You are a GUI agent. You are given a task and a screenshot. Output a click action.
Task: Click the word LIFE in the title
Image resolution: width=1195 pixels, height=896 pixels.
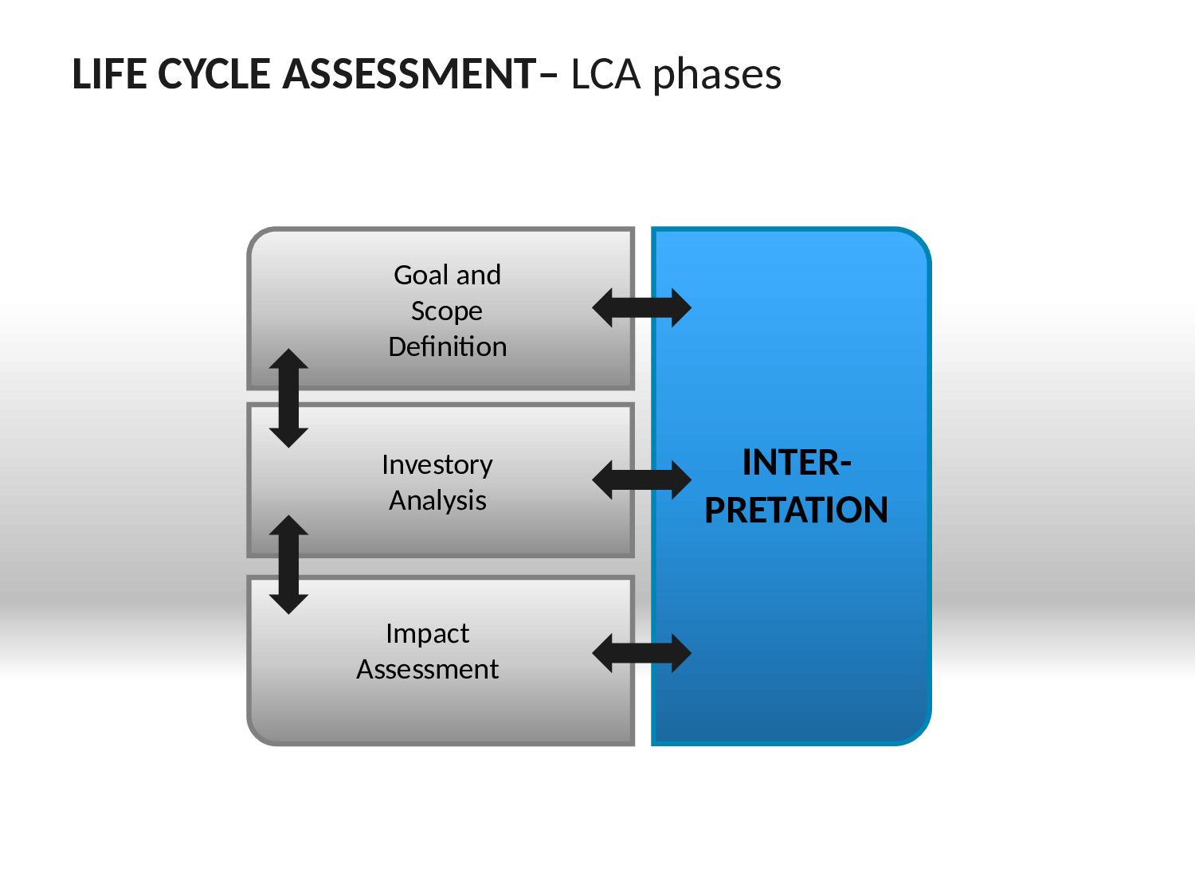point(109,74)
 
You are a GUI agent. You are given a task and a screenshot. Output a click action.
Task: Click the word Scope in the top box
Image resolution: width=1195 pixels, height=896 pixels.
point(446,311)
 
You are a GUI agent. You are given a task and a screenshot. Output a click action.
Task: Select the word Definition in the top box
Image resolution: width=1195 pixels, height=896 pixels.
point(448,346)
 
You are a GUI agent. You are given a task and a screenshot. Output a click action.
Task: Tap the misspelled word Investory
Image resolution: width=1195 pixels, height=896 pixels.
point(437,466)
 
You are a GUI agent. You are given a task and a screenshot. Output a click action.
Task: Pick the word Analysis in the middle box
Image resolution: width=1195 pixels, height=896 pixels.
point(437,501)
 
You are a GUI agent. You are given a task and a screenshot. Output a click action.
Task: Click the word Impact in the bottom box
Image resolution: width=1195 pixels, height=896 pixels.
point(427,634)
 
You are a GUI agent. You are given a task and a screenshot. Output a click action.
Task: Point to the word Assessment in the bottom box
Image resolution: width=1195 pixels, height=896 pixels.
point(427,669)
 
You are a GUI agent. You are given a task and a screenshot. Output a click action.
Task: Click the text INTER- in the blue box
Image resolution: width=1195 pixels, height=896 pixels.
point(797,463)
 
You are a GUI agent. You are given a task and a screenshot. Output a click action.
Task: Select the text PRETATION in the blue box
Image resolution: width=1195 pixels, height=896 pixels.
point(796,511)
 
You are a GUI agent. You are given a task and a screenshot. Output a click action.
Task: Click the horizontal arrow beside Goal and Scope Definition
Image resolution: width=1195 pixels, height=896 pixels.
point(642,308)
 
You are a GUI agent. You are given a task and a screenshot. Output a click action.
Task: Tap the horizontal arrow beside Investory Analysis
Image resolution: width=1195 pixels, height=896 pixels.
point(642,480)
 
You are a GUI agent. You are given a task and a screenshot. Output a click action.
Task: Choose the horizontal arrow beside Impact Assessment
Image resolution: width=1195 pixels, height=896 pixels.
point(642,653)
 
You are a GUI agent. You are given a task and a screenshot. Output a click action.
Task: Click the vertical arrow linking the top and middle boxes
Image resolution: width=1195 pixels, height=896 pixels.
point(288,398)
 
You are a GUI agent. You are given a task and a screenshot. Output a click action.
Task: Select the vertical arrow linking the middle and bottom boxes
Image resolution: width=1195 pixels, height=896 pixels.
point(288,565)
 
